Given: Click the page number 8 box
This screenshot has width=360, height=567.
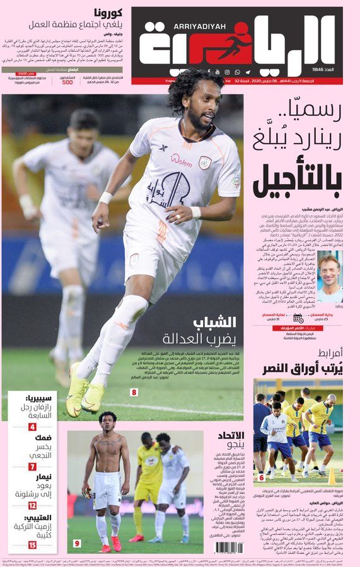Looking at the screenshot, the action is tap(134, 392).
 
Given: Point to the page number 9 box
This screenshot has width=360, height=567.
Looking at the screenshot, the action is tap(77, 543).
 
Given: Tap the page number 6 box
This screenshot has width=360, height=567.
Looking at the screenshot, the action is tap(262, 478).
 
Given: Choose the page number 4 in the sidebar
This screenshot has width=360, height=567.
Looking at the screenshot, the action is tap(32, 427).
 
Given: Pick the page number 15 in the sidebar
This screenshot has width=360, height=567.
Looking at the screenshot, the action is tap(32, 544).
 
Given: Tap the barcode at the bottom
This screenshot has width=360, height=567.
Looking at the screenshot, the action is tap(228, 547).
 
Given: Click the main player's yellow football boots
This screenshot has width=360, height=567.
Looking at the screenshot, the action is tap(85, 394).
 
